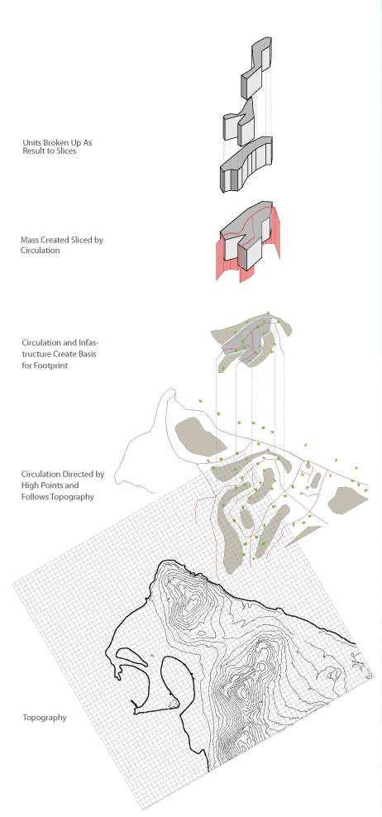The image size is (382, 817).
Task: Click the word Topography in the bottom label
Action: tap(45, 718)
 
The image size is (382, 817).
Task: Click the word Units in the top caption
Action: tap(31, 141)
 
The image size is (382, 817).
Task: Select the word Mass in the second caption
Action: tap(30, 240)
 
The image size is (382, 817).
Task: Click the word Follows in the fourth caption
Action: tap(34, 496)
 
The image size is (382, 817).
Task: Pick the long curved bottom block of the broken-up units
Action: tap(246, 165)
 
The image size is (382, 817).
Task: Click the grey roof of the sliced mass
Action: tap(245, 219)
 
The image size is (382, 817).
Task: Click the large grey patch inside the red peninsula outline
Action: tap(200, 437)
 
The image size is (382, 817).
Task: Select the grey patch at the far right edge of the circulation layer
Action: tap(347, 499)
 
